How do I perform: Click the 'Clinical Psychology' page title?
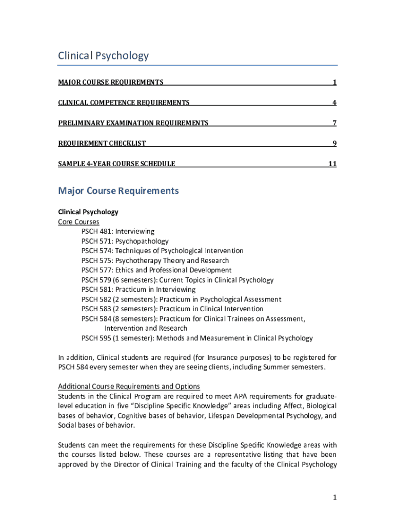tap(103, 55)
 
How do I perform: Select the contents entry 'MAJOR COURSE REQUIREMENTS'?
tap(111, 82)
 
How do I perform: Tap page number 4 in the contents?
tap(334, 103)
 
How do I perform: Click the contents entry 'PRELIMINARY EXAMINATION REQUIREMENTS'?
tap(133, 123)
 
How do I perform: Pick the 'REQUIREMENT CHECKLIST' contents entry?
tap(102, 144)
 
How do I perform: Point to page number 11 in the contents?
tap(332, 164)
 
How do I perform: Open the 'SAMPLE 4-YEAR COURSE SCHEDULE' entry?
tap(116, 164)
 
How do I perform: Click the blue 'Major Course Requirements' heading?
tap(118, 191)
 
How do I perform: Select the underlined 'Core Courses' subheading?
tap(78, 222)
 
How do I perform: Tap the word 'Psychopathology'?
tap(142, 241)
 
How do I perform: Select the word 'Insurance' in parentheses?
tap(226, 357)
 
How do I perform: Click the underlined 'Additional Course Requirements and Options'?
tap(129, 386)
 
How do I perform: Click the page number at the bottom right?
tap(334, 498)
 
